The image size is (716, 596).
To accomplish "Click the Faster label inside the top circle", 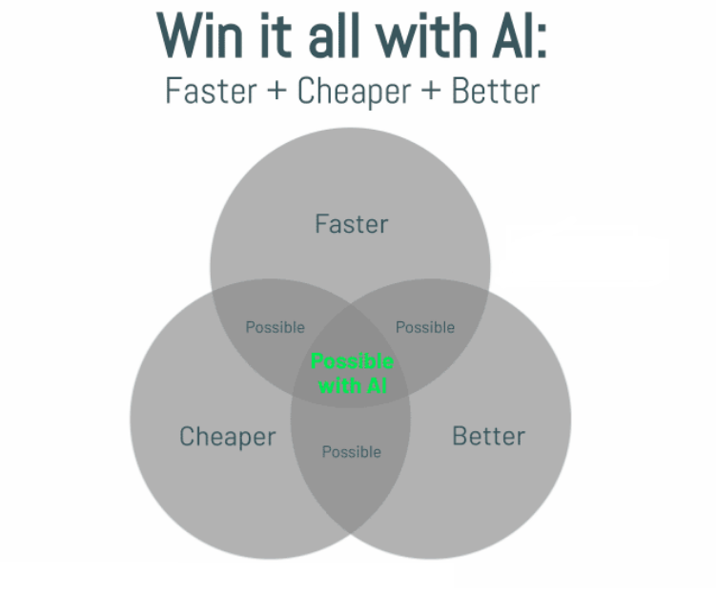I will click(x=351, y=224).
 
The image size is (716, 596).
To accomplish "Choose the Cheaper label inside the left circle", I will click(x=227, y=437).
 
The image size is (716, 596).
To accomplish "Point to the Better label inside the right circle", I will click(x=488, y=437).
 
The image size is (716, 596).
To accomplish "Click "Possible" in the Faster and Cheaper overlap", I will click(x=275, y=327).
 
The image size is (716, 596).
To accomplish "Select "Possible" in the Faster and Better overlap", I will click(x=425, y=327).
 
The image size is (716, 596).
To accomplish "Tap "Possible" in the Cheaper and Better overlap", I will click(x=351, y=451).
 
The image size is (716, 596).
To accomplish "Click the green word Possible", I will click(x=352, y=362).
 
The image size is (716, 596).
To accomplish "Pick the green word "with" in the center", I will click(x=337, y=385).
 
